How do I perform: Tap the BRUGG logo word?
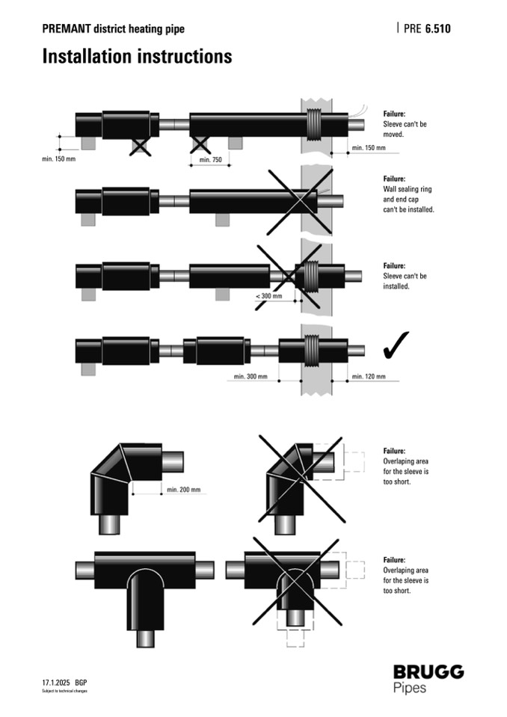428,671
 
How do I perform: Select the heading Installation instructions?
137,56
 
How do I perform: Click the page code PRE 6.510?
427,29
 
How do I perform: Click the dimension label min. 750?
211,159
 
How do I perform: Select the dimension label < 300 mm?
269,296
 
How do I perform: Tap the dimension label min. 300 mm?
251,376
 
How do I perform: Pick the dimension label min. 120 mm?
367,376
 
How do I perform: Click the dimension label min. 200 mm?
184,490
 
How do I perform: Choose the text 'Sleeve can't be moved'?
405,129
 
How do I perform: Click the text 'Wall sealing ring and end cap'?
408,194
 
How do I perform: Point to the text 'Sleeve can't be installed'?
405,281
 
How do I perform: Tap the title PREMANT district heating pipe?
113,29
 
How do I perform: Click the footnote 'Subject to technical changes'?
64,691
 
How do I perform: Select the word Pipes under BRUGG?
411,687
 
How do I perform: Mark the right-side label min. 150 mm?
369,148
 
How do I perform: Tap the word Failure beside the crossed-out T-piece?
394,559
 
